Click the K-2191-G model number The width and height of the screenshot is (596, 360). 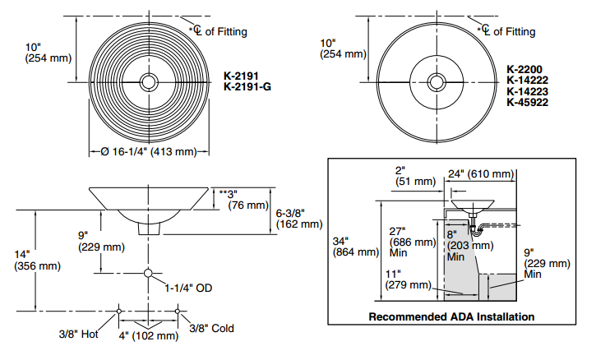247,86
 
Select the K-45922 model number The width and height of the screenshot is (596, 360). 527,102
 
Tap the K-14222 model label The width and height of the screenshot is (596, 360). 527,81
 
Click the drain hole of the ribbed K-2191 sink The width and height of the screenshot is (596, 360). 148,82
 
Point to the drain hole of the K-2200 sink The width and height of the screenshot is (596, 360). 437,82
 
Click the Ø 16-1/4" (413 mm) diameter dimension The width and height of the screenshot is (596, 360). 148,151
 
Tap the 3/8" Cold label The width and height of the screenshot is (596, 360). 211,329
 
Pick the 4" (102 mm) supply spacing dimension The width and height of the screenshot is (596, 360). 149,335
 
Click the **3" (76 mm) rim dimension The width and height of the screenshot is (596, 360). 245,199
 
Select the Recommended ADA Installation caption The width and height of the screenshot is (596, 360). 451,316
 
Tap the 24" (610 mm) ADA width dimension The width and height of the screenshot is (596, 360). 481,174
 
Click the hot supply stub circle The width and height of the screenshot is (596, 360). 120,310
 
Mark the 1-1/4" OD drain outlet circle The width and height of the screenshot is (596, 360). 149,273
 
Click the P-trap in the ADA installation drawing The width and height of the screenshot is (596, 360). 476,223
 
